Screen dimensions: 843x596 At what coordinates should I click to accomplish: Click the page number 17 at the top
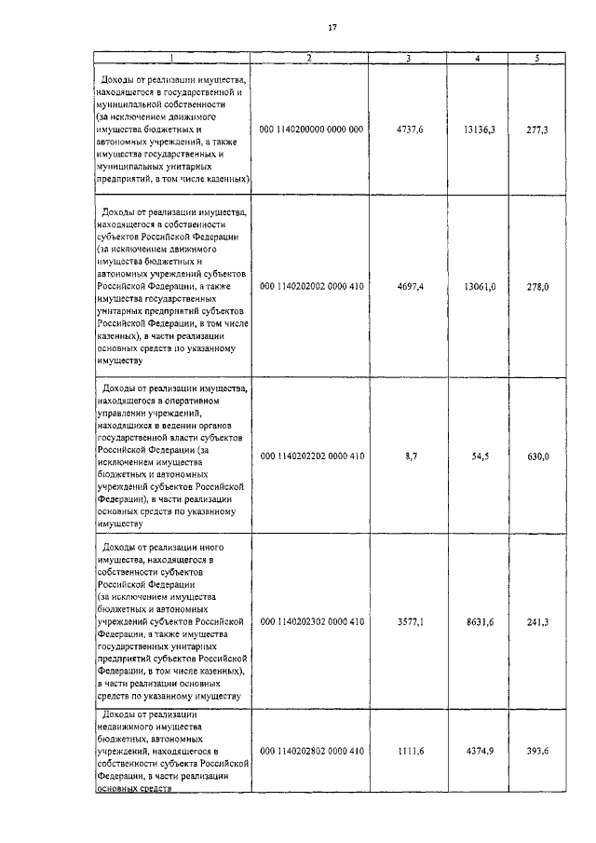[x=332, y=27]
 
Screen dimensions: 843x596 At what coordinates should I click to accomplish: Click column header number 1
[x=170, y=59]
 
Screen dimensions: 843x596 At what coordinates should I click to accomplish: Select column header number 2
[x=311, y=59]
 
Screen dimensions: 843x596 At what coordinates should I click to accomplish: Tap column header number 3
[x=408, y=59]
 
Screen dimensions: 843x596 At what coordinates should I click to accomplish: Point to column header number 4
[x=478, y=59]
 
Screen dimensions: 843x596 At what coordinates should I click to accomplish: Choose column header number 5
[x=536, y=59]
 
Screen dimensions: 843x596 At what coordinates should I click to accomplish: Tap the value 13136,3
[x=479, y=129]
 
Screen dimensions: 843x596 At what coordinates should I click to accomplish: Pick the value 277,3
[x=537, y=129]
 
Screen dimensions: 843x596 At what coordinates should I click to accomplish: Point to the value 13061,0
[x=479, y=287]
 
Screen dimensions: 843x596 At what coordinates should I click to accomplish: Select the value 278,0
[x=537, y=287]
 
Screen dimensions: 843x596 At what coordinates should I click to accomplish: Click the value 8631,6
[x=479, y=620]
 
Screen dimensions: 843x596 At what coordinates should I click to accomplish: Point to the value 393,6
[x=537, y=751]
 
